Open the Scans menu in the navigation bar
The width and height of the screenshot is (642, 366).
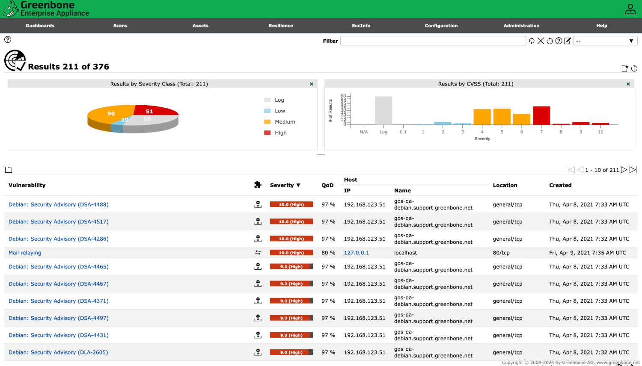(x=120, y=26)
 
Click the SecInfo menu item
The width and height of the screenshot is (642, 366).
(x=361, y=26)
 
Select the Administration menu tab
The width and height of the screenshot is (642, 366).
(x=521, y=26)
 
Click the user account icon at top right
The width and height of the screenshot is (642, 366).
(x=630, y=9)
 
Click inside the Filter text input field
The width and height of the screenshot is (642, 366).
(x=433, y=41)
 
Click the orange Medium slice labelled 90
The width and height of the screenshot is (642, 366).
(x=109, y=115)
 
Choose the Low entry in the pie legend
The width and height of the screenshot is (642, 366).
(x=279, y=111)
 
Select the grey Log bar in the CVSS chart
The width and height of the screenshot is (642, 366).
(x=383, y=110)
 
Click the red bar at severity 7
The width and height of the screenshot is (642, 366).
(x=541, y=115)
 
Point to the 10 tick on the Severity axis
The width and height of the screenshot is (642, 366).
(x=600, y=132)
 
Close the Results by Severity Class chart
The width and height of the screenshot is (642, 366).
(x=312, y=84)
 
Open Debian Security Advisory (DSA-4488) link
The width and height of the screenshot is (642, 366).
(x=59, y=205)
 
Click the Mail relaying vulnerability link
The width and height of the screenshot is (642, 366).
(x=25, y=253)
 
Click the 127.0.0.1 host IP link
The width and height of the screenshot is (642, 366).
(x=356, y=253)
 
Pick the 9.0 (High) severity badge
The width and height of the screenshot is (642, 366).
(x=291, y=352)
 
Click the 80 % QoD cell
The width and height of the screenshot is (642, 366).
(x=328, y=253)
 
